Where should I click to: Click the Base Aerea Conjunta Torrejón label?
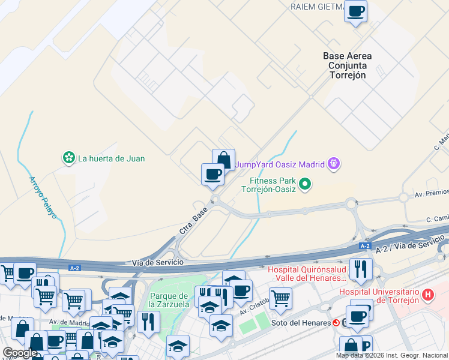click(347, 65)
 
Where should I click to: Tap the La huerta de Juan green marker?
click(69, 158)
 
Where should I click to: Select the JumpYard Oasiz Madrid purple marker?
click(334, 163)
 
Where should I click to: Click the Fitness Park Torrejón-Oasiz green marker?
click(305, 184)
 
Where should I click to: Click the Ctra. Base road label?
click(194, 221)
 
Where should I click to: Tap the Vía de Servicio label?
click(157, 262)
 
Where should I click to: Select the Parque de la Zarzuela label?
click(169, 300)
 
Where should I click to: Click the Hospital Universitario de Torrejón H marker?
click(427, 295)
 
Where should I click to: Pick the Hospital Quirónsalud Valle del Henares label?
click(307, 274)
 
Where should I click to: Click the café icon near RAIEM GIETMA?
click(356, 11)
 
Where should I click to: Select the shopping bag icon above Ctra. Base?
click(223, 160)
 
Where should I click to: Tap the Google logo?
click(20, 353)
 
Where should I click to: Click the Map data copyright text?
click(391, 355)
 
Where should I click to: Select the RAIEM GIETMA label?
click(317, 7)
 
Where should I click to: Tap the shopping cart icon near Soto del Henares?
click(280, 297)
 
